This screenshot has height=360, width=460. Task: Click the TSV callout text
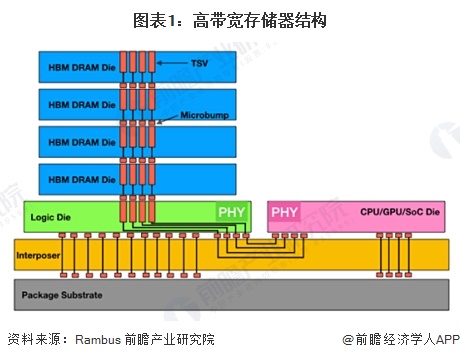point(198,63)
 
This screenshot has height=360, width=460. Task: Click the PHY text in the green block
point(231,213)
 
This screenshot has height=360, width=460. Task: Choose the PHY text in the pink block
point(285,213)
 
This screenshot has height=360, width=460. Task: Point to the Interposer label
point(38,255)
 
